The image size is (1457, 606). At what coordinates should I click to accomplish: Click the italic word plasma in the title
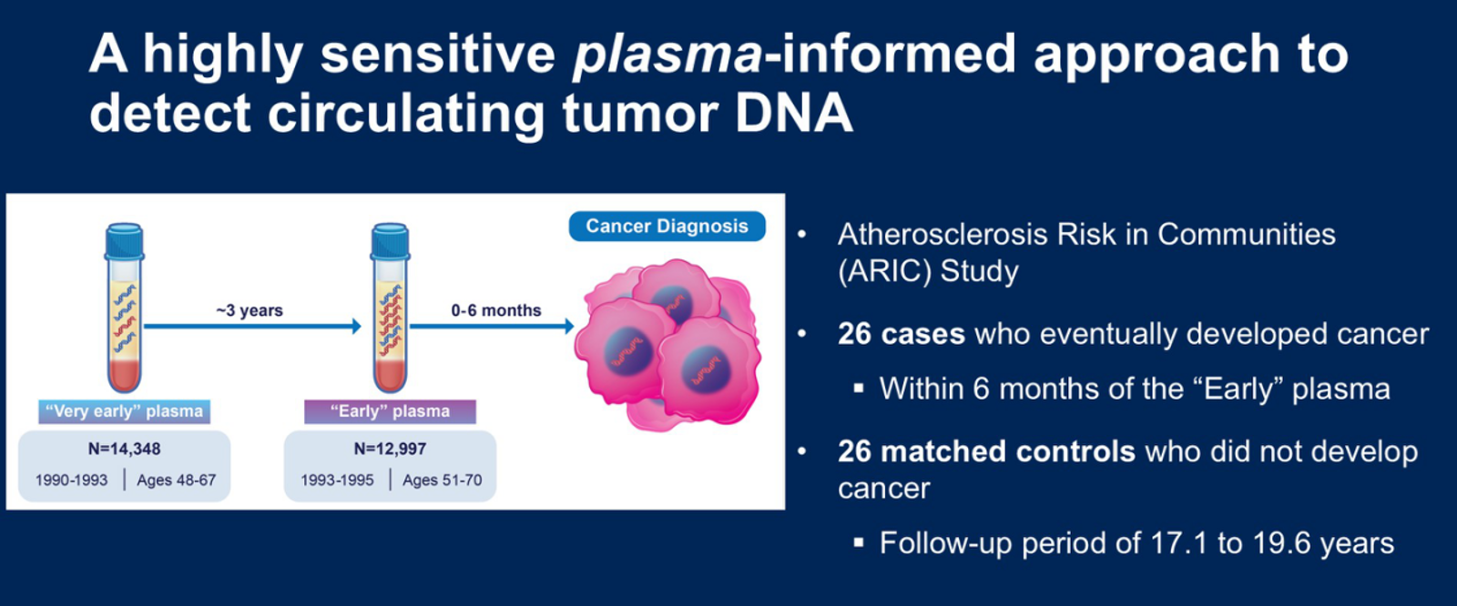[667, 56]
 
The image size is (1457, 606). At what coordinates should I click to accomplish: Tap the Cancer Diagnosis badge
[667, 227]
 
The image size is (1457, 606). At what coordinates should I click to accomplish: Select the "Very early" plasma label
[124, 411]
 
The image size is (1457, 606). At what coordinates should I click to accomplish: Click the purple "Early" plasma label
[391, 411]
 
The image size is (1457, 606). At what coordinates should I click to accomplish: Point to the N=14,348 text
[124, 449]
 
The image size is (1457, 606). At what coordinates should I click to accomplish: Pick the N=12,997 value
[391, 449]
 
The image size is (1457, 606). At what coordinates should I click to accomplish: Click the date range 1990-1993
[72, 480]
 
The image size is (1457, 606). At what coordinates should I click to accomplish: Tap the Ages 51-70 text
[443, 480]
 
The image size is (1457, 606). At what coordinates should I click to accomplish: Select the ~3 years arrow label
[250, 311]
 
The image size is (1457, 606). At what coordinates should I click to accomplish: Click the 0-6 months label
[496, 311]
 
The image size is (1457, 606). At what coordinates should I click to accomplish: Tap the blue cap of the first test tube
[124, 240]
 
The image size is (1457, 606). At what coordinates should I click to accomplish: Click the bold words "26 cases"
[902, 334]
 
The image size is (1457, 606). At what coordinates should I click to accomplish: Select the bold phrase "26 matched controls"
[987, 451]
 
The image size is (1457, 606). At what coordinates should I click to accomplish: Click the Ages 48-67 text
[177, 480]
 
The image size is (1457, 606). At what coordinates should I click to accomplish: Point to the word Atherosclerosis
[942, 235]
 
